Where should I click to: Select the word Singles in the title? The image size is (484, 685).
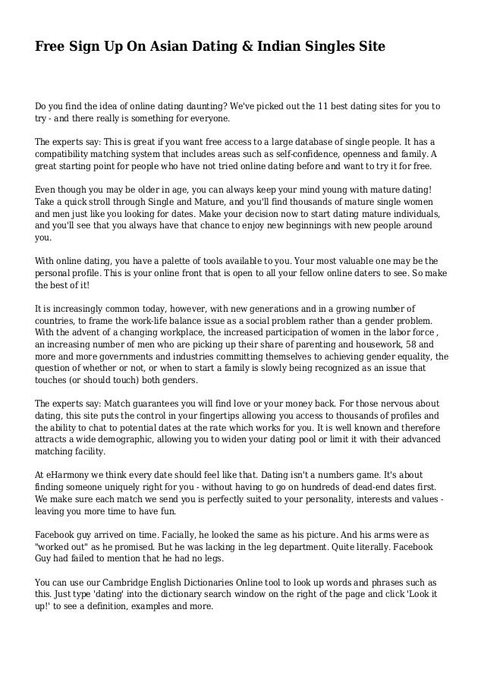pyautogui.click(x=333, y=47)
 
